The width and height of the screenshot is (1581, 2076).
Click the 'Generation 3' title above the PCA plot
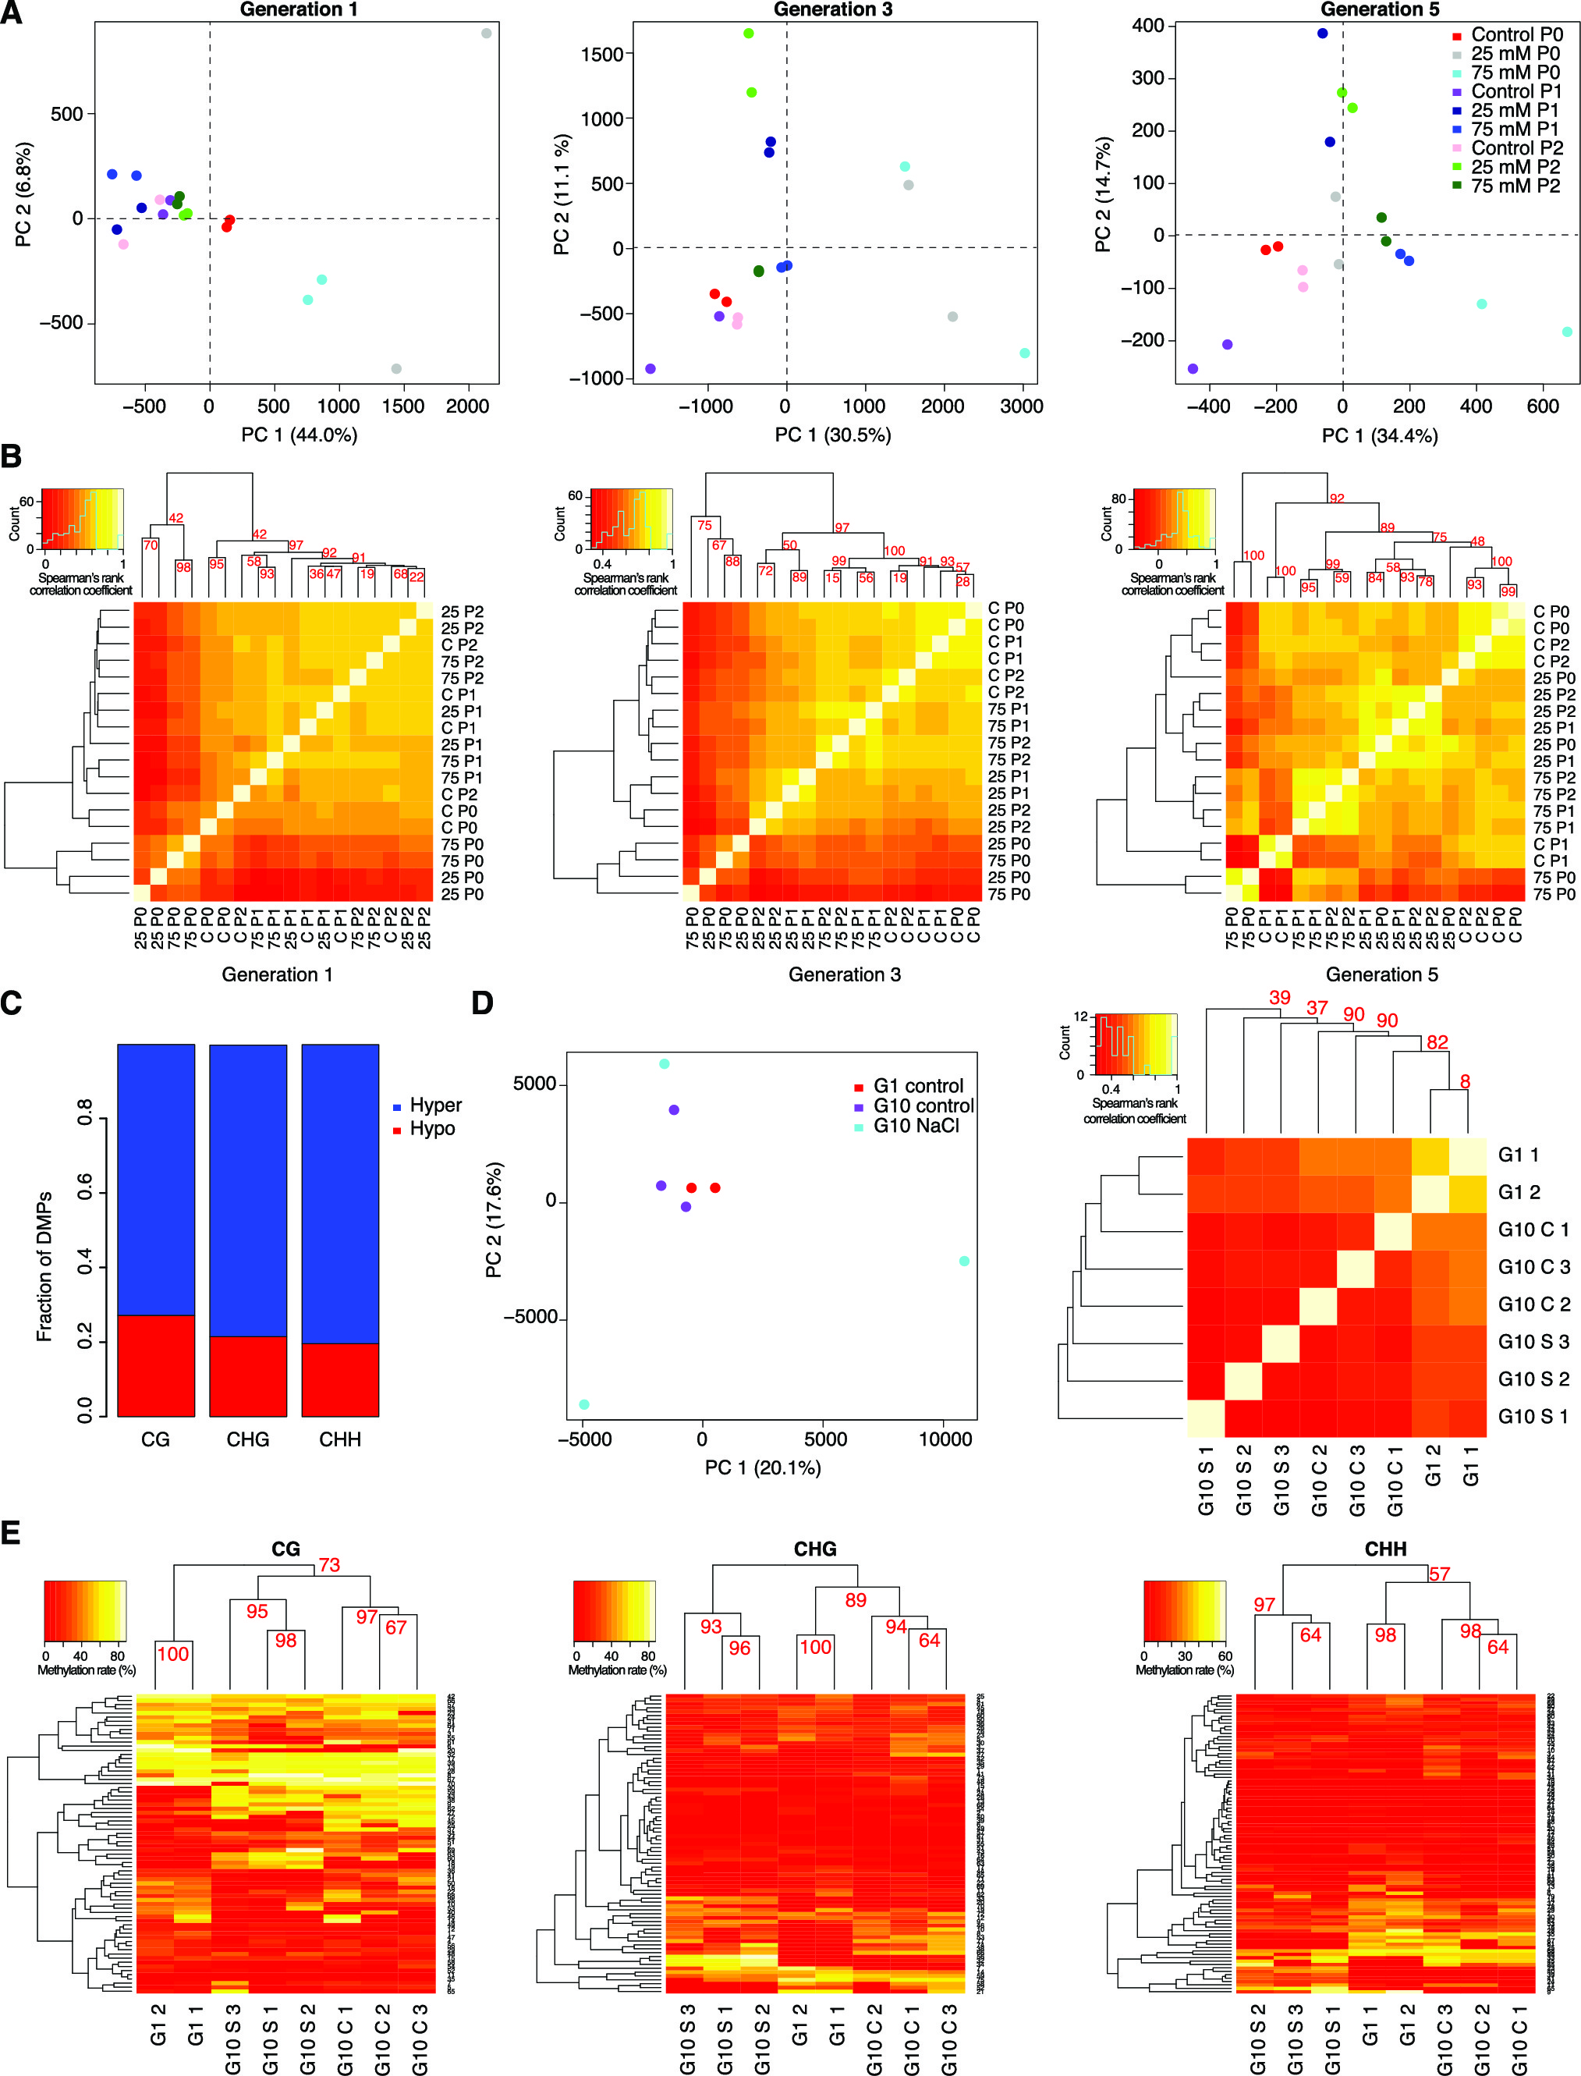[x=833, y=9]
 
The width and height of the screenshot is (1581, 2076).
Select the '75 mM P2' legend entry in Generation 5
[x=1515, y=186]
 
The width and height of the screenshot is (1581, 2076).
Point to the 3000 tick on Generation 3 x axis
[x=1022, y=406]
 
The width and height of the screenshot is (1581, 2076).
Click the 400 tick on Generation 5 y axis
[x=1147, y=26]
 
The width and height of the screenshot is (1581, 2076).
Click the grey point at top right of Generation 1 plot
[x=487, y=33]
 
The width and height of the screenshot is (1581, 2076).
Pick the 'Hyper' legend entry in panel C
[x=434, y=1105]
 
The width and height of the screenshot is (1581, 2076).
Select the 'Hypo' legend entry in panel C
[x=432, y=1128]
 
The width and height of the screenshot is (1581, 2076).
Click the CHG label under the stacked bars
[x=247, y=1440]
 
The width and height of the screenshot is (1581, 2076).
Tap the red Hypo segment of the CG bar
[x=156, y=1364]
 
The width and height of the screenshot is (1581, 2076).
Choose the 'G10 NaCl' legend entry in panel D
[x=916, y=1126]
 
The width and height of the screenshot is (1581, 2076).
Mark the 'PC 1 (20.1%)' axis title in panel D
[x=762, y=1467]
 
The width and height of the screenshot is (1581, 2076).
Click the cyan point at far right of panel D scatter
[x=964, y=1261]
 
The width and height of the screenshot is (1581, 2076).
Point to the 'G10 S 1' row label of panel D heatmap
[x=1533, y=1416]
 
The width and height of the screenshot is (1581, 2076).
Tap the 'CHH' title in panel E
[x=1384, y=1549]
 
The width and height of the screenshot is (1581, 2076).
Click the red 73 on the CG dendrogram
[x=328, y=1565]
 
